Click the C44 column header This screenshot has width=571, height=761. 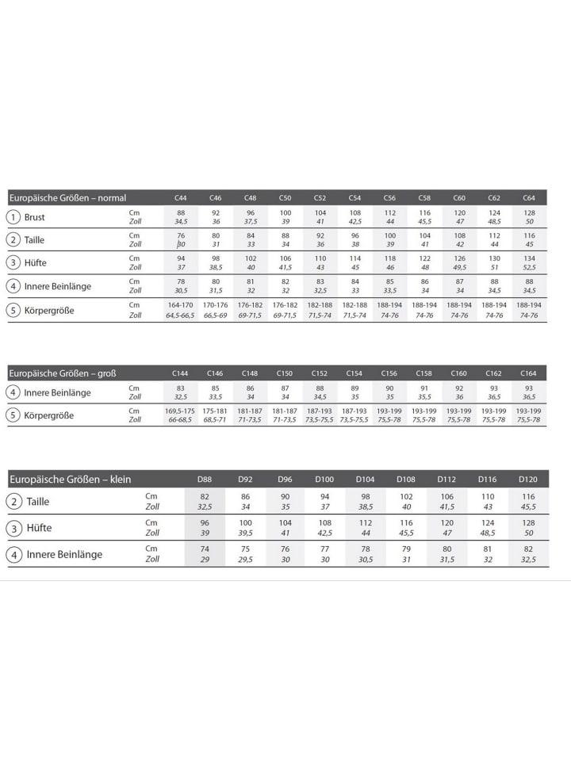[181, 197]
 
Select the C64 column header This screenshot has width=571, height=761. [528, 197]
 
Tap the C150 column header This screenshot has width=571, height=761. [285, 373]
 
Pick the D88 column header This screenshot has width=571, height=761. [204, 479]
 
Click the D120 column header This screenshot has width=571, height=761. [528, 479]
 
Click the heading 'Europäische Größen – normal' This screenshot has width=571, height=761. [67, 197]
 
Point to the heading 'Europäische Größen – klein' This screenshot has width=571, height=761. [70, 479]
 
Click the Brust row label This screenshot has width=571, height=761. [35, 217]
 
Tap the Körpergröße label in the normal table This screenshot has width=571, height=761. [49, 310]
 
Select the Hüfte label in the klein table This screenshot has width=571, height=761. [40, 528]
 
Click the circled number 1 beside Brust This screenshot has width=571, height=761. [13, 217]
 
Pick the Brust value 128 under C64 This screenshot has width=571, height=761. [528, 212]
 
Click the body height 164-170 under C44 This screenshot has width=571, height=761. [181, 304]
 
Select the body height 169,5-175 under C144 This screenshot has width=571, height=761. [180, 411]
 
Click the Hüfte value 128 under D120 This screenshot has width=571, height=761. [528, 522]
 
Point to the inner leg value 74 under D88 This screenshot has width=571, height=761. [204, 549]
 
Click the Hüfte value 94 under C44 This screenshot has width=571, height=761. [181, 258]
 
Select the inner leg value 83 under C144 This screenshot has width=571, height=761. [180, 388]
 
